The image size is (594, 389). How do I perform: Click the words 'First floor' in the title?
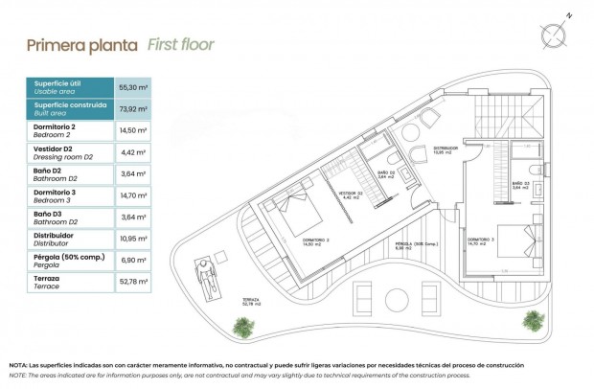tap(180, 44)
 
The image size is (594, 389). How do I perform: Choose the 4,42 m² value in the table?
tap(132, 152)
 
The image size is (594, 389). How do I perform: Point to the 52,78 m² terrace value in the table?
tap(132, 282)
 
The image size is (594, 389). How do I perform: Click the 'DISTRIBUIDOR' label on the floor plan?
tap(445, 149)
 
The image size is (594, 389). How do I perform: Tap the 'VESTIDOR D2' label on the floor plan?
tap(349, 194)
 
